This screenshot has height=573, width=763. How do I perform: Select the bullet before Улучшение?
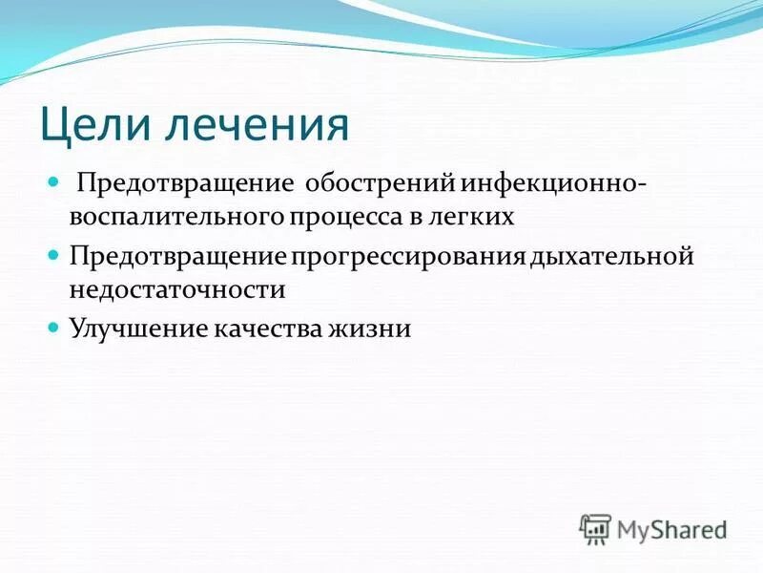coord(53,329)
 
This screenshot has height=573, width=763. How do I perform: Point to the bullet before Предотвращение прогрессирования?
coord(53,255)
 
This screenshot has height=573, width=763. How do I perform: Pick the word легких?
coord(478,218)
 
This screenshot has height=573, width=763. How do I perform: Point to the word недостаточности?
coord(176,289)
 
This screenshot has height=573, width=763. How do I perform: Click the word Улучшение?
coord(131,329)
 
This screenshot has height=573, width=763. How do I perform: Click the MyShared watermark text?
coord(671,528)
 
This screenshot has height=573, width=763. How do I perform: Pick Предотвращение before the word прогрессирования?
coord(177,256)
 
